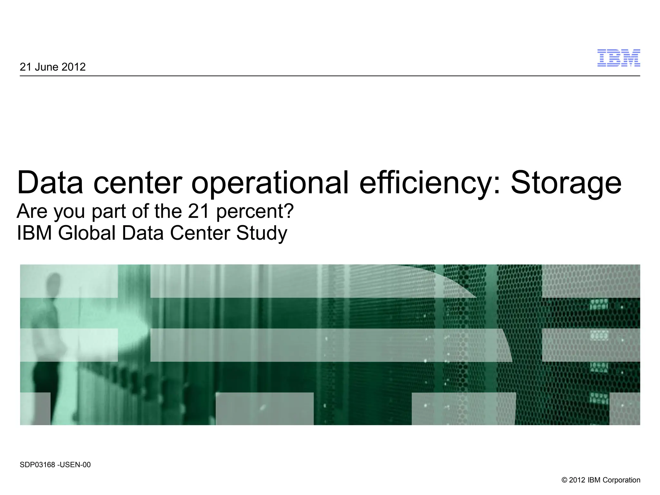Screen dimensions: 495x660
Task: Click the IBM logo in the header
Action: pos(618,58)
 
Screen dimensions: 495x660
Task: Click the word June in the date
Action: pos(46,67)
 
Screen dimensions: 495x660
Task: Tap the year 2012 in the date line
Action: pos(73,67)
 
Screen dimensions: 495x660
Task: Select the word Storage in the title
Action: pos(566,183)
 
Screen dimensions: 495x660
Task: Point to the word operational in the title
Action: pos(270,183)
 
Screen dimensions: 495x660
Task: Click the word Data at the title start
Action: pos(50,183)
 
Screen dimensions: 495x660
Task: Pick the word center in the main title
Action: pos(138,183)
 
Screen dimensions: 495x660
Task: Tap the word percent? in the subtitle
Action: pos(255,212)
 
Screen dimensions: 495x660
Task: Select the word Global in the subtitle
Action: pos(87,233)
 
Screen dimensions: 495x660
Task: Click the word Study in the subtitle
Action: pos(261,234)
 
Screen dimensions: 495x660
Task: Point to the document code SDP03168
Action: pos(37,465)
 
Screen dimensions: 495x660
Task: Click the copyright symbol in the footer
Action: pos(564,480)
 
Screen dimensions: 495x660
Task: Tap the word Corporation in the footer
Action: pos(621,480)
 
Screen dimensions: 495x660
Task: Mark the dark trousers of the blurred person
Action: pos(44,380)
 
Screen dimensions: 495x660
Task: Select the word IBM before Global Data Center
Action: pos(34,233)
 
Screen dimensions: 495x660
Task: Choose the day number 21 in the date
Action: pos(25,67)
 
